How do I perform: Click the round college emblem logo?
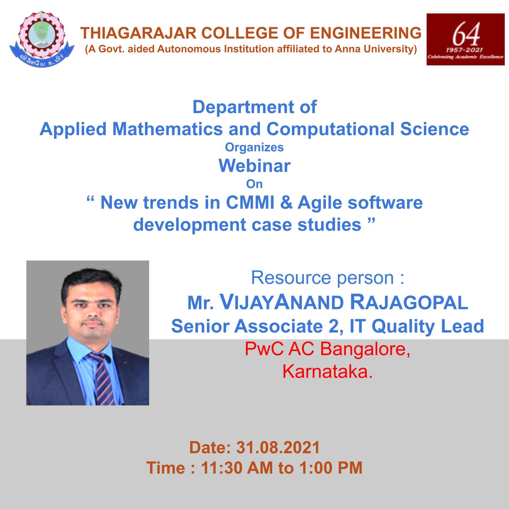pyautogui.click(x=42, y=39)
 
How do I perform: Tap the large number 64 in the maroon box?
pyautogui.click(x=466, y=34)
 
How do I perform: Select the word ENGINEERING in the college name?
pyautogui.click(x=365, y=33)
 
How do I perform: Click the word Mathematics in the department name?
pyautogui.click(x=168, y=129)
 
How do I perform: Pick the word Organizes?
pyautogui.click(x=254, y=147)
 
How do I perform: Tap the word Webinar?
pyautogui.click(x=255, y=166)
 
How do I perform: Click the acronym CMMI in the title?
pyautogui.click(x=250, y=203)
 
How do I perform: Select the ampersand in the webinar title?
pyautogui.click(x=286, y=203)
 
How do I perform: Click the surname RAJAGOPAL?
pyautogui.click(x=409, y=302)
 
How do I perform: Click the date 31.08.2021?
pyautogui.click(x=278, y=447)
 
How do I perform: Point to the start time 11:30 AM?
pyautogui.click(x=237, y=468)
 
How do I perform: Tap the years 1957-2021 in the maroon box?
pyautogui.click(x=464, y=49)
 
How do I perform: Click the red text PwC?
pyautogui.click(x=264, y=349)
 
